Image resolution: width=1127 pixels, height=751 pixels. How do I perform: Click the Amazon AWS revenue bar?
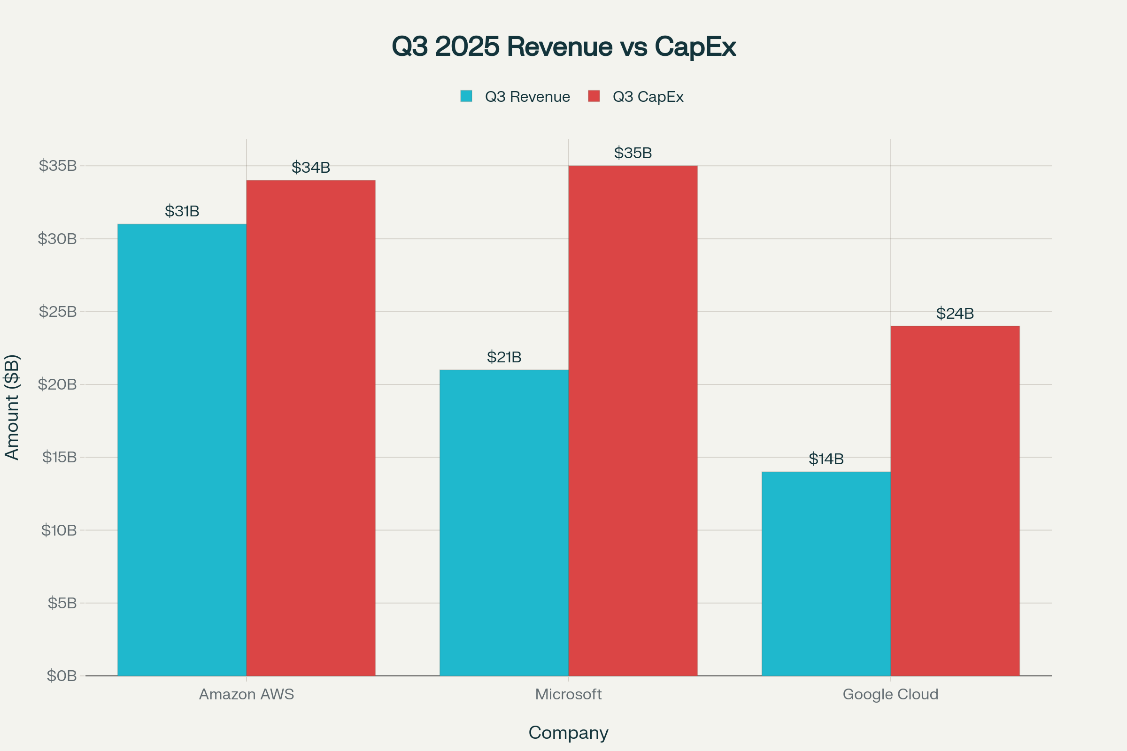(182, 450)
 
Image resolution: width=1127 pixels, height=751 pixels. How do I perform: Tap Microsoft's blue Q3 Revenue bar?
(503, 522)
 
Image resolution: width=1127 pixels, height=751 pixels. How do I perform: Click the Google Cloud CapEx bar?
(955, 501)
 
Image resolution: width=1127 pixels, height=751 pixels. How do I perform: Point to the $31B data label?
(182, 211)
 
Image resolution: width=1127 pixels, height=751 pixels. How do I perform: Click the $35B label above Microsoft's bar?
(633, 153)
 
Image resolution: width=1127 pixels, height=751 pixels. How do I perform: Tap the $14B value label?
(826, 459)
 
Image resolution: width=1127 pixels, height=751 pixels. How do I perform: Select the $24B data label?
(955, 314)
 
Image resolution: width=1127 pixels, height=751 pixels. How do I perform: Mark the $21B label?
(503, 357)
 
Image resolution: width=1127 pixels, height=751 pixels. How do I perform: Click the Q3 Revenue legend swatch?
(466, 96)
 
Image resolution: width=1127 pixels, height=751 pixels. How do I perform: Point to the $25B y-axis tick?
(57, 312)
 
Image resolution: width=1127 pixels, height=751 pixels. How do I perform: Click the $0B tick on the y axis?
(62, 676)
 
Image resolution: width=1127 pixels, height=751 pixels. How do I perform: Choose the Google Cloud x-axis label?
(890, 694)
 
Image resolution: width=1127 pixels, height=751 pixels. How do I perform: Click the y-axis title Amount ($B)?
(11, 407)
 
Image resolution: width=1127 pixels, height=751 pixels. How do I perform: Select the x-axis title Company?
(568, 732)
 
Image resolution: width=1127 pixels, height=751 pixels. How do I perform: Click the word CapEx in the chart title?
(695, 46)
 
